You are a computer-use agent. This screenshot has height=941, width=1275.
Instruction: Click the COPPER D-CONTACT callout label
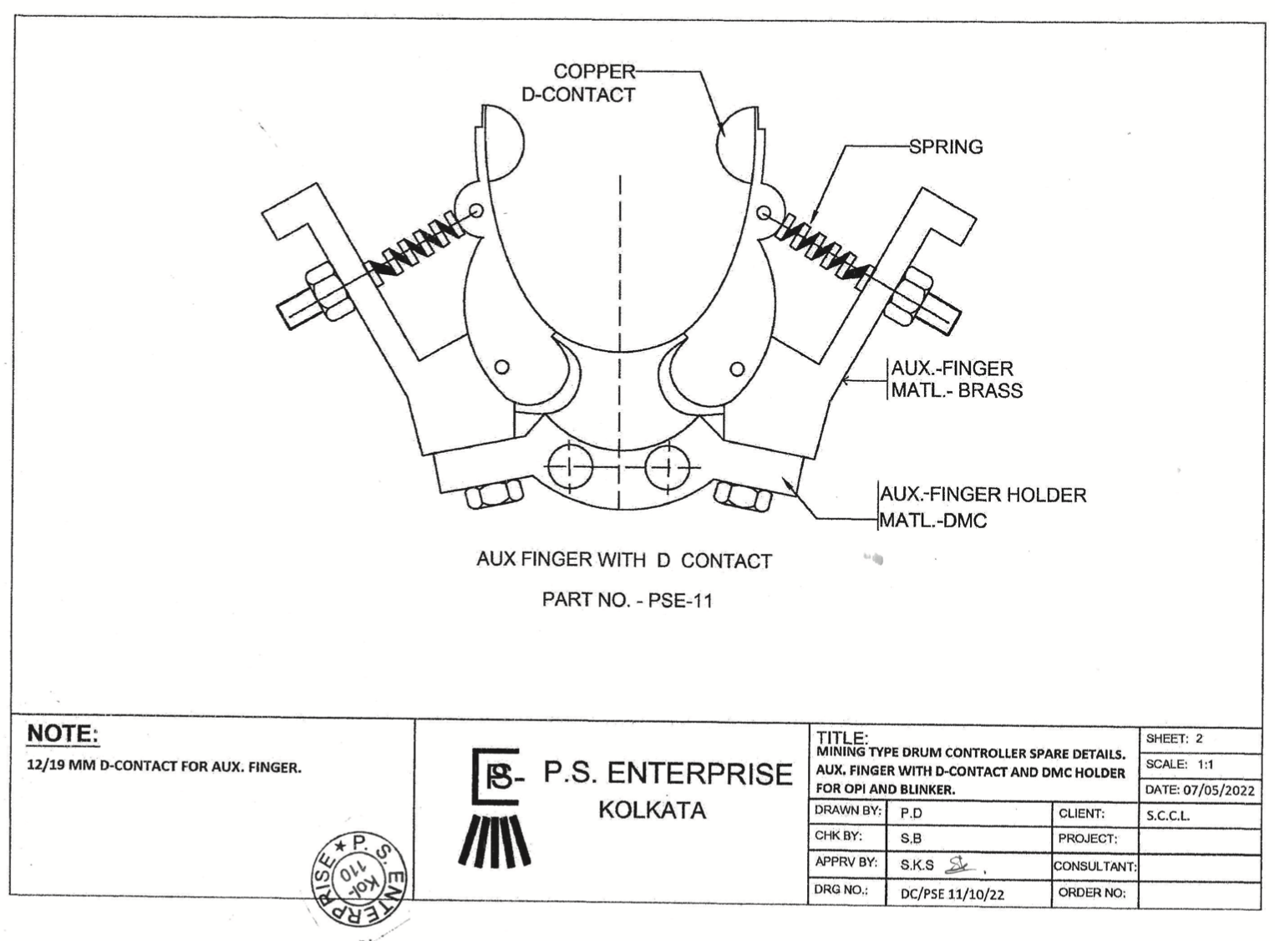pos(578,83)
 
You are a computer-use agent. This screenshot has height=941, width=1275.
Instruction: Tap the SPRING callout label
pos(946,147)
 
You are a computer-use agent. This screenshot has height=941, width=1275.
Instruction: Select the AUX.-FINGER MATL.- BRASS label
pos(956,379)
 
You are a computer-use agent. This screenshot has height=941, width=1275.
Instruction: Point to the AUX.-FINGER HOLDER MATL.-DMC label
pos(983,507)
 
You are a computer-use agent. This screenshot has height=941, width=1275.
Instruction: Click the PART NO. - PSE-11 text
pos(627,600)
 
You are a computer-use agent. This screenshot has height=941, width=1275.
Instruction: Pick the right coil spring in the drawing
pos(823,249)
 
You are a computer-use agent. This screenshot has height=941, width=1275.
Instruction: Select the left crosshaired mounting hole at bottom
pos(569,466)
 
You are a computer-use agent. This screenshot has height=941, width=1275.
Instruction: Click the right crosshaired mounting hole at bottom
pos(668,467)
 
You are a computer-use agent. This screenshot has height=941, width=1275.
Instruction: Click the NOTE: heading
pos(63,734)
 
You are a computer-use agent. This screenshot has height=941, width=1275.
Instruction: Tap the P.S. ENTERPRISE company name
pos(668,774)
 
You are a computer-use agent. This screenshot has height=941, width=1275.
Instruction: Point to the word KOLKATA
pos(652,811)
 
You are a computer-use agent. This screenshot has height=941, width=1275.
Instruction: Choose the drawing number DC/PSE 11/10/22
pos(952,894)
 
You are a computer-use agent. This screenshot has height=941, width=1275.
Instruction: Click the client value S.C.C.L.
pos(1167,816)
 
